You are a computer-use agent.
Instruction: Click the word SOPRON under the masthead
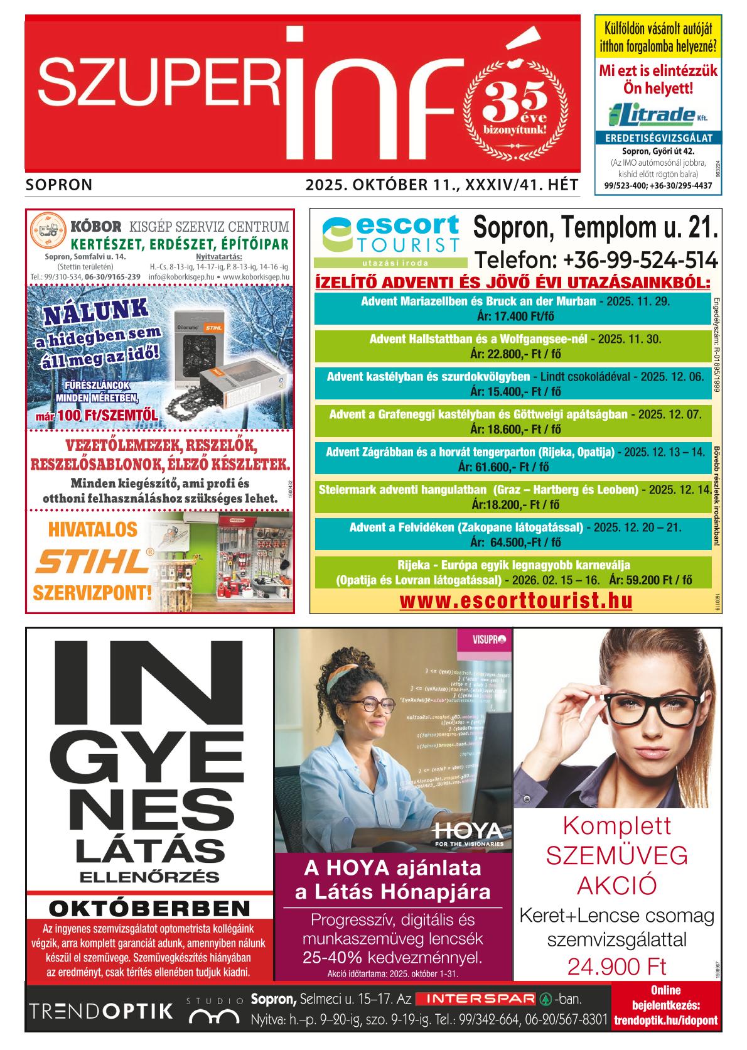[60, 185]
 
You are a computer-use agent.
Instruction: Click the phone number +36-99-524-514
[596, 260]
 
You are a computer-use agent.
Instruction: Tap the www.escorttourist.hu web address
[515, 601]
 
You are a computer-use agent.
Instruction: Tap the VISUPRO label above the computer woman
[492, 640]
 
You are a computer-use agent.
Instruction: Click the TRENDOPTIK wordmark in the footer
[101, 1011]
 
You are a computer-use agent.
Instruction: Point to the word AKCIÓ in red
[616, 885]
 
